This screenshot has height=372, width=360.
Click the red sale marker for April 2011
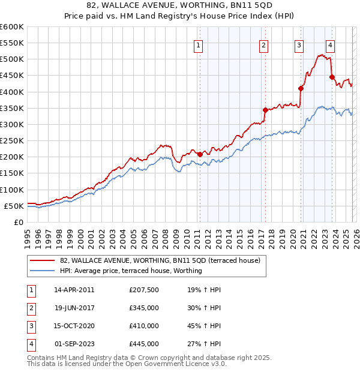tap(200, 154)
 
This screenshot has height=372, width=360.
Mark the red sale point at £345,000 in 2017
tap(265, 110)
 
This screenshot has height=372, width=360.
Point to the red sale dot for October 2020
tap(301, 89)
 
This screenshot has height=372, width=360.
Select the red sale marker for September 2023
tap(331, 77)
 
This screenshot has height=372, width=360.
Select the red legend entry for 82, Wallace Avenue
tap(160, 260)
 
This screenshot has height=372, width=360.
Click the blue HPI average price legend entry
tap(131, 271)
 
